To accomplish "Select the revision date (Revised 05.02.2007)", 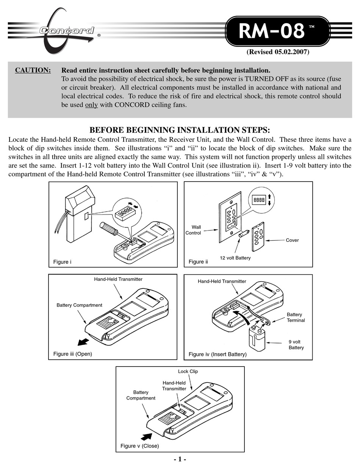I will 278,52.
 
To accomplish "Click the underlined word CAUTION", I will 33,70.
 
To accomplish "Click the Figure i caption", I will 62,262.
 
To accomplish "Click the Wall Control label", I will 194,230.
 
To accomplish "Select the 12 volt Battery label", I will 235,258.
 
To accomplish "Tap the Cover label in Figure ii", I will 292,240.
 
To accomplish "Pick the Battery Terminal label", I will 296,317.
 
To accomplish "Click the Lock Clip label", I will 188,371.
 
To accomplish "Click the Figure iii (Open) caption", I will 72,354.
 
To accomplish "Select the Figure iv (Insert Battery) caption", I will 218,354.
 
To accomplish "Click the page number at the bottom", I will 180,459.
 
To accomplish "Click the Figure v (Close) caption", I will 139,446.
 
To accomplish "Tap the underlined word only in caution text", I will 91,105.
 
